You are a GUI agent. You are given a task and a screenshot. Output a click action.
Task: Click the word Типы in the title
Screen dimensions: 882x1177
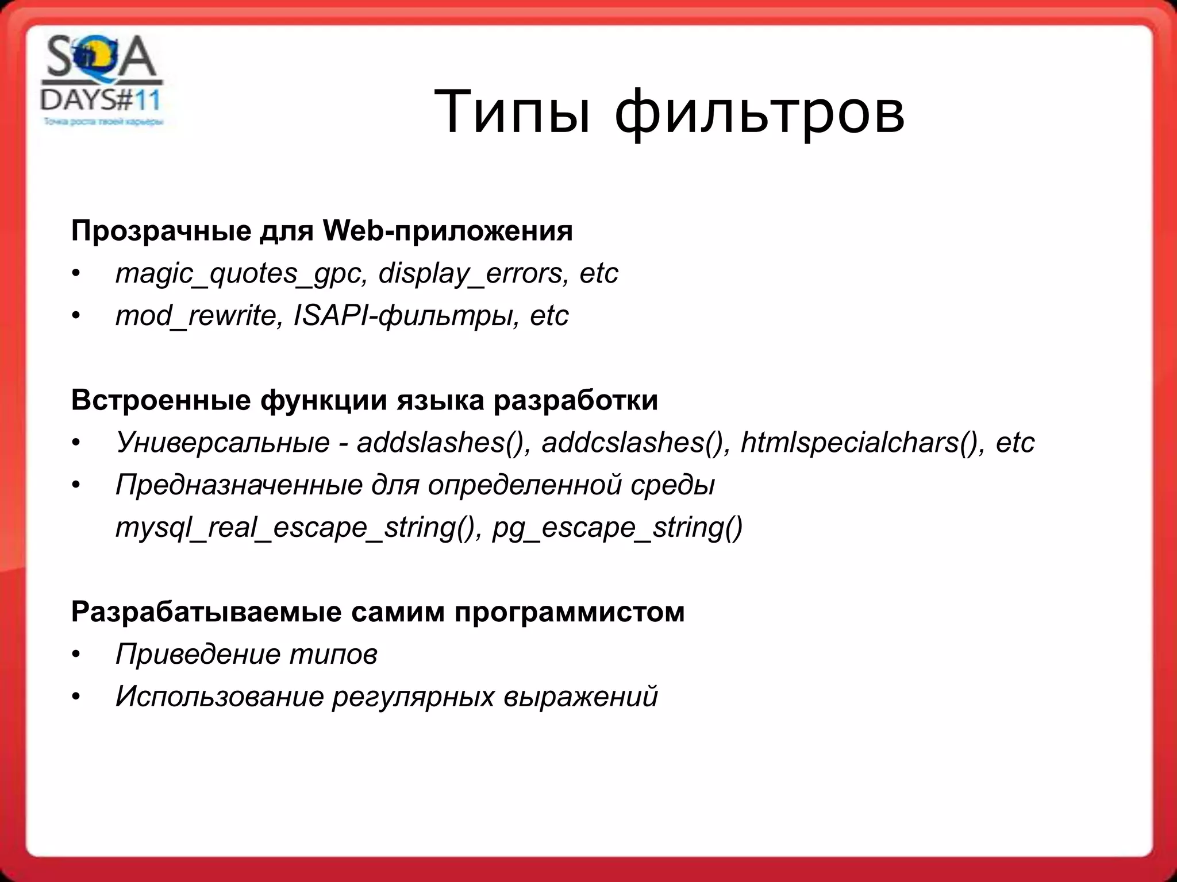click(511, 112)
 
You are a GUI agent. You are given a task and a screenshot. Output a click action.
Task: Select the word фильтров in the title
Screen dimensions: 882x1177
click(760, 112)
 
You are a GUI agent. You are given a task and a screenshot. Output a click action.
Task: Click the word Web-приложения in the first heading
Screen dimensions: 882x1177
click(447, 231)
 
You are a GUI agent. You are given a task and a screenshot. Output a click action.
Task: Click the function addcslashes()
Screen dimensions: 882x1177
click(632, 443)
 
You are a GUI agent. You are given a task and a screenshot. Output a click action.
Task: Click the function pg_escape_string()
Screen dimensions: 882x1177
click(617, 528)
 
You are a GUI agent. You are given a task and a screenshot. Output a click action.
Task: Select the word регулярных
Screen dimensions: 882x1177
click(412, 697)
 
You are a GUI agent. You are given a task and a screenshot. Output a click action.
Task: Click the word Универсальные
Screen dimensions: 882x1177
click(222, 443)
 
